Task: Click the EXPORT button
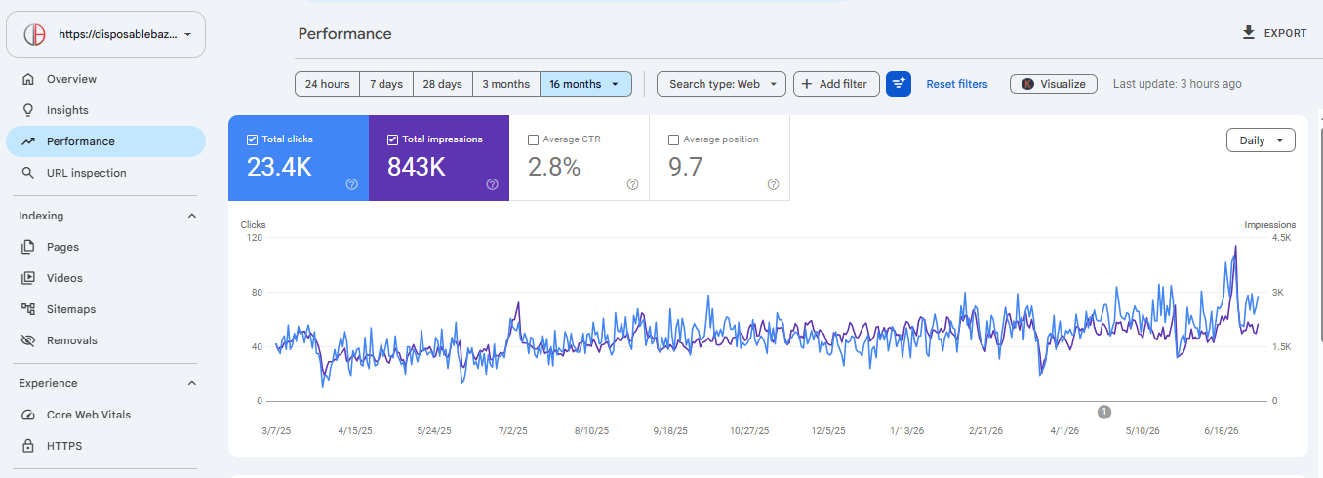tap(1274, 33)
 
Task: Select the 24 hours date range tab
tap(327, 84)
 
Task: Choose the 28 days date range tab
tap(442, 84)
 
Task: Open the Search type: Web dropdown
tap(721, 84)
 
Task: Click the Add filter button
tap(836, 84)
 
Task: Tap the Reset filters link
tap(957, 84)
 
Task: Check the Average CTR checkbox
tap(534, 140)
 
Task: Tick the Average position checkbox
tap(673, 140)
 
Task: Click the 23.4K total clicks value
tap(279, 167)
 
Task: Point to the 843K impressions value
tap(417, 167)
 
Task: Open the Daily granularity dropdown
tap(1261, 140)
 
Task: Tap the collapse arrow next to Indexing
tap(192, 216)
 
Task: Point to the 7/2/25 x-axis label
tap(512, 431)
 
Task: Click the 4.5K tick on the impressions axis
tap(1282, 237)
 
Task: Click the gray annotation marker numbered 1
tap(1104, 412)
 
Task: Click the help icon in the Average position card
tap(773, 184)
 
